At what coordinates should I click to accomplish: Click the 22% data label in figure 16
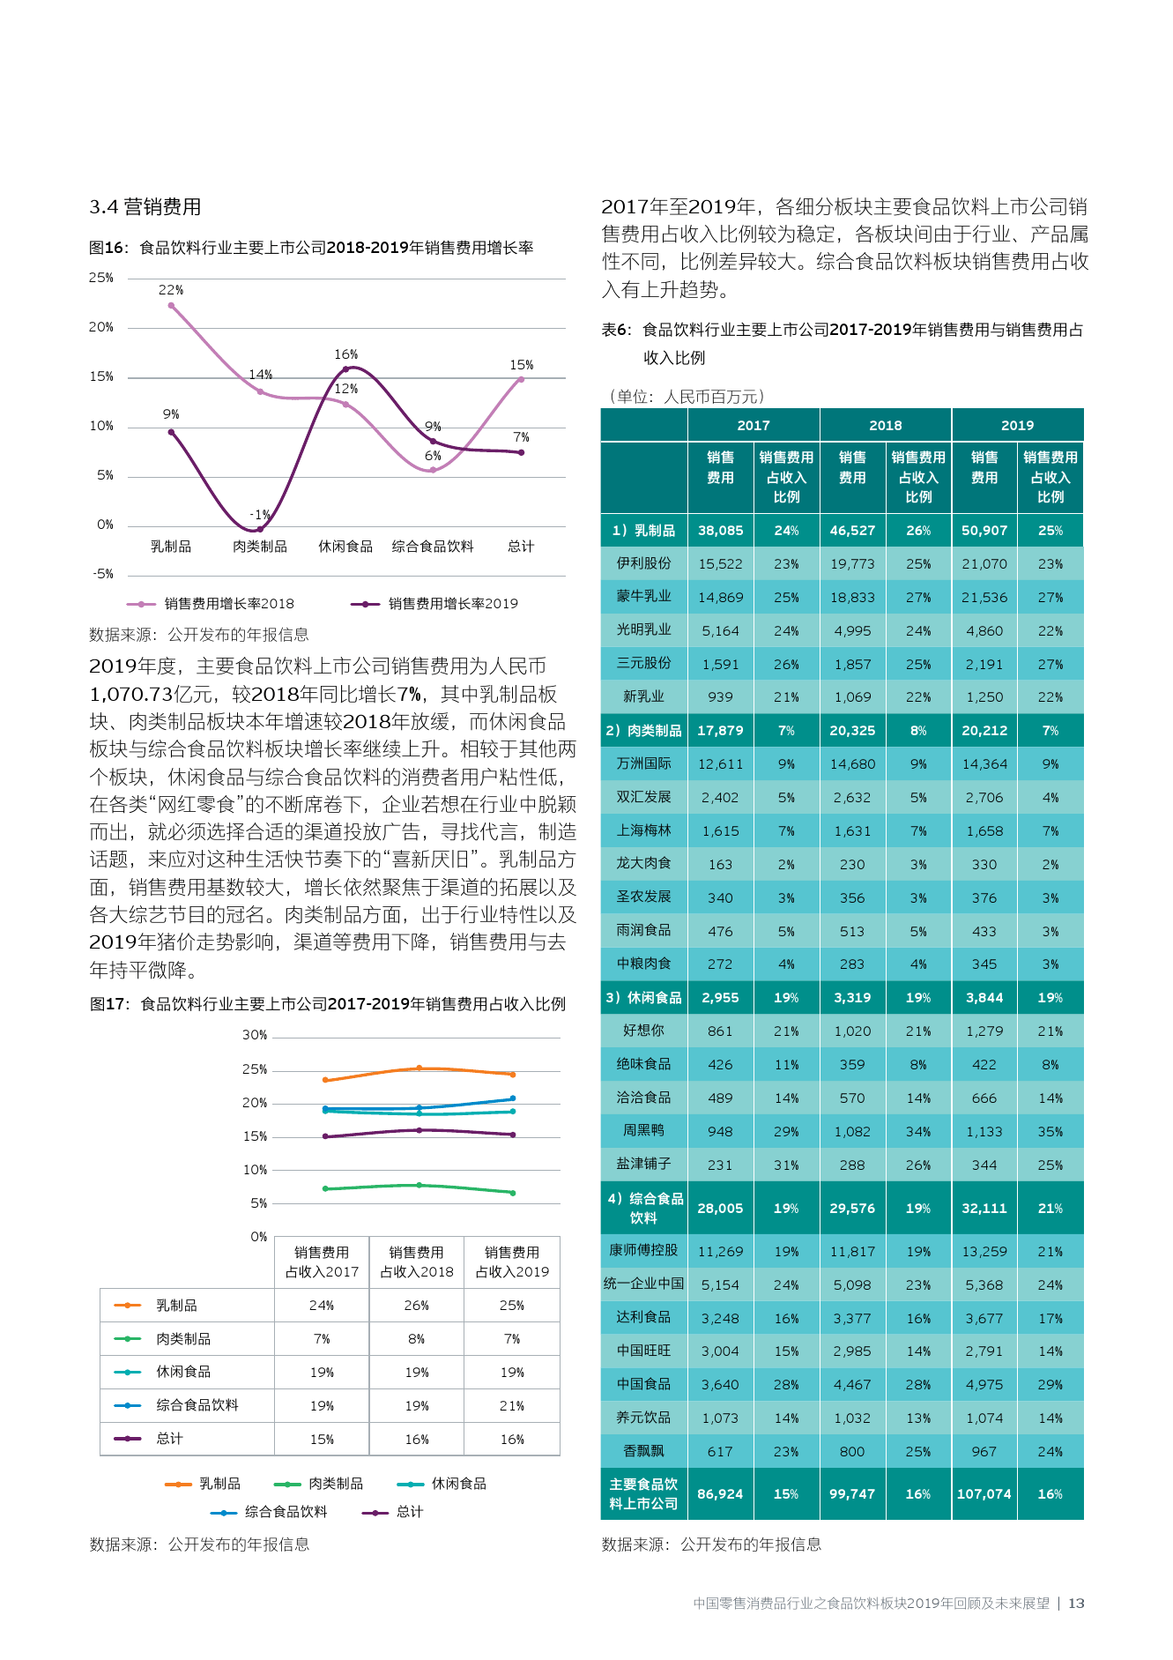(171, 290)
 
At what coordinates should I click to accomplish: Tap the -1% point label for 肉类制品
(260, 514)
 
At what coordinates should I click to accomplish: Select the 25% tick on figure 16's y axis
(101, 278)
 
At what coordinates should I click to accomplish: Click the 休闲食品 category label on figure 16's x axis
(345, 547)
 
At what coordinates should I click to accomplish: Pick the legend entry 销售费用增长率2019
(434, 604)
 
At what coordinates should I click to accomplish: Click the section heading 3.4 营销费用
(145, 207)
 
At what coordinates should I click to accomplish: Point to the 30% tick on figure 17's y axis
(255, 1035)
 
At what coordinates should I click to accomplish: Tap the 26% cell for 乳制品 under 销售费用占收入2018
(417, 1306)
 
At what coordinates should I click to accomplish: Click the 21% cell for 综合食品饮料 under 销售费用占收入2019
(512, 1406)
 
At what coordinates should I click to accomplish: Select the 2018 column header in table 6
(886, 425)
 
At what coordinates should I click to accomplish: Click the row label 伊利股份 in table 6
(644, 563)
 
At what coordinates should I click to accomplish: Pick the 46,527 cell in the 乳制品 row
(852, 531)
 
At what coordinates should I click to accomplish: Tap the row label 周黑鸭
(644, 1131)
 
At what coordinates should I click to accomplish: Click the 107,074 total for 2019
(984, 1494)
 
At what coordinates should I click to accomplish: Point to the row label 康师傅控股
(644, 1251)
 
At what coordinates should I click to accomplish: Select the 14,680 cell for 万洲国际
(852, 764)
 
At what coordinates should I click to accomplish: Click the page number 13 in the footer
(1076, 1604)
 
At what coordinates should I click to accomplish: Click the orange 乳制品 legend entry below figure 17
(203, 1485)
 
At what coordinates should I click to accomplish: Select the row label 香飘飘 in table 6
(644, 1451)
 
